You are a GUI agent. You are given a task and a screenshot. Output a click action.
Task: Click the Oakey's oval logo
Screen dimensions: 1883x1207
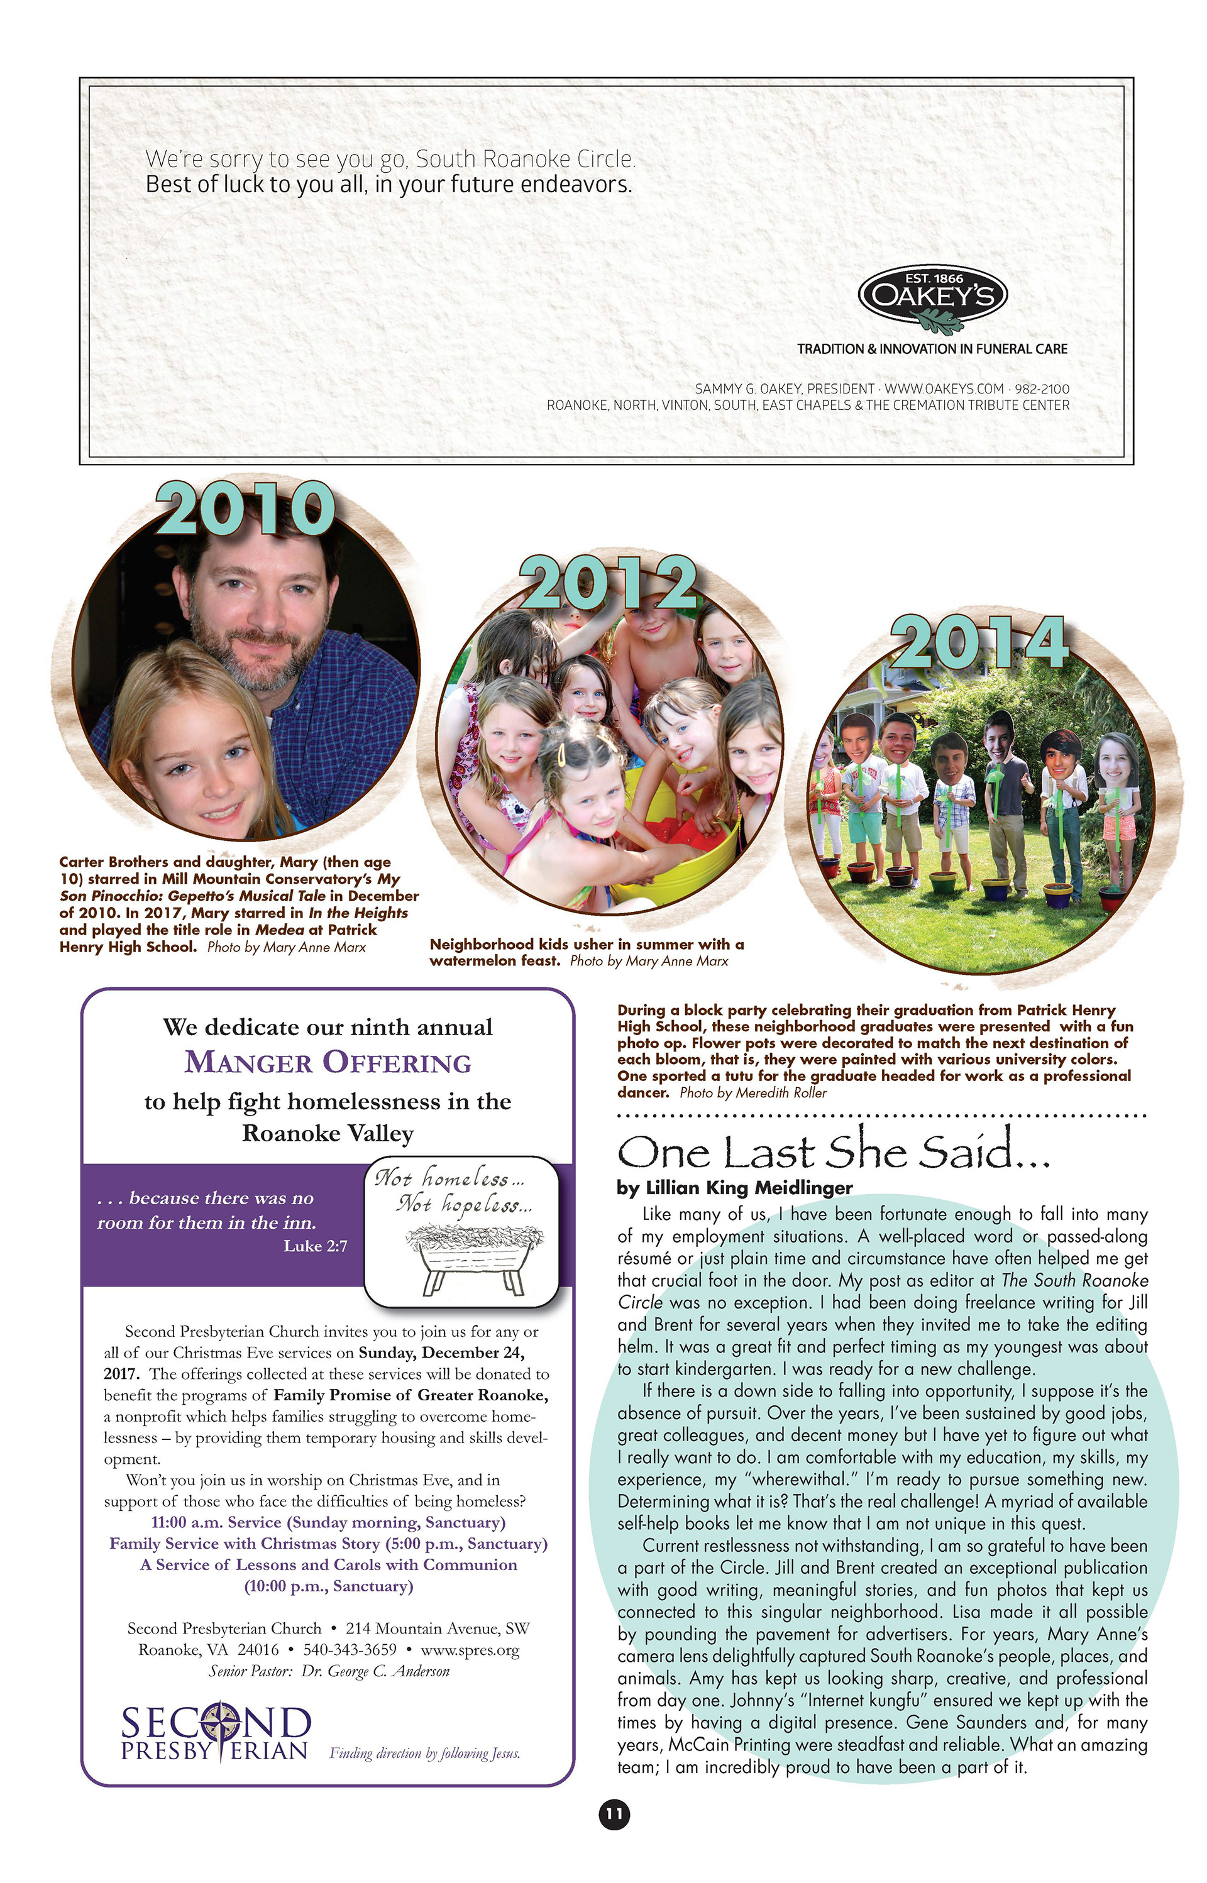click(933, 295)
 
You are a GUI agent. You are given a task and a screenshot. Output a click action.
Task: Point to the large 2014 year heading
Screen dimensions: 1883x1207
click(979, 642)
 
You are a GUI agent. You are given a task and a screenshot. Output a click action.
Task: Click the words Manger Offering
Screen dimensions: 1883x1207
click(328, 1063)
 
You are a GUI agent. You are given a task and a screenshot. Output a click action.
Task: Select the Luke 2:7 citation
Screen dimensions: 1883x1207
click(315, 1246)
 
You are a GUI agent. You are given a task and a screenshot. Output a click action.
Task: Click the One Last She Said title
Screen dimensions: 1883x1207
click(833, 1151)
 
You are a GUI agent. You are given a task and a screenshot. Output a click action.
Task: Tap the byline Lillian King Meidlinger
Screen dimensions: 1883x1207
click(734, 1187)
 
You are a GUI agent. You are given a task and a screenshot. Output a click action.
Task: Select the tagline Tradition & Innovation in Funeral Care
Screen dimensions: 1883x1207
click(932, 349)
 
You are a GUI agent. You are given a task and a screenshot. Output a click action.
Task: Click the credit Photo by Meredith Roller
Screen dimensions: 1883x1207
click(752, 1092)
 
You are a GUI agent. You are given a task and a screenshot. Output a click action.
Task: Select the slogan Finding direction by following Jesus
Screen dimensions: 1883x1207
click(425, 1754)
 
